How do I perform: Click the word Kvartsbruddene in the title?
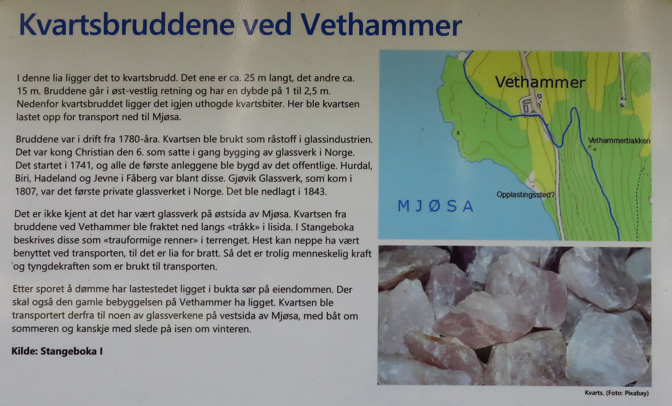pos(126,25)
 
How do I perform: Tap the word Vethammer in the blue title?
pos(381,25)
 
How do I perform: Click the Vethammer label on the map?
pos(540,82)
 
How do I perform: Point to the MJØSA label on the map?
pos(435,206)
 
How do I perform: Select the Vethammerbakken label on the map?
pos(619,140)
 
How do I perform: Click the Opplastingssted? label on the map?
pos(525,195)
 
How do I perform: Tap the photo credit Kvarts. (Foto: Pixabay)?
pos(617,393)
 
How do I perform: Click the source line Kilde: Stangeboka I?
pos(57,351)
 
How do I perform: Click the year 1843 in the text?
pos(315,191)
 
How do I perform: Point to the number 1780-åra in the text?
pos(140,139)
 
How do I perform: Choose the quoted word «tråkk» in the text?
pos(244,227)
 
